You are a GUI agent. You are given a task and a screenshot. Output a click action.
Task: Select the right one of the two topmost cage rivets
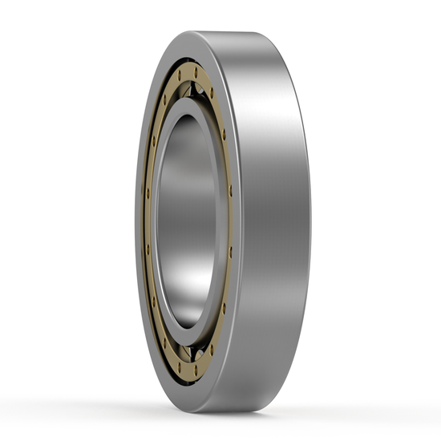[196, 71]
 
